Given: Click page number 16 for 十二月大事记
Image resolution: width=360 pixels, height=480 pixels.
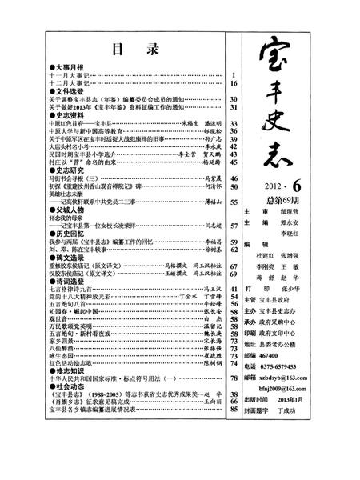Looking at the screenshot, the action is pos(234,82).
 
